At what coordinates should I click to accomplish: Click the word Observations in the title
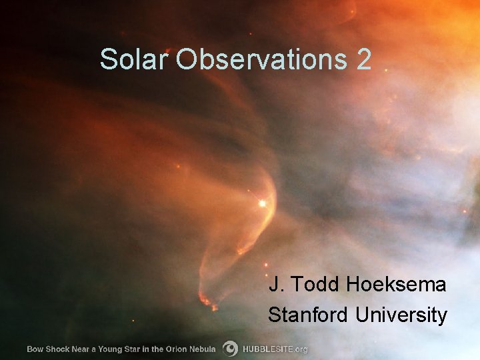tap(261, 59)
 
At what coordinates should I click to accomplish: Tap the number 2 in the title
tap(363, 59)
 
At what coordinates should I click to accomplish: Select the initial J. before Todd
tap(277, 285)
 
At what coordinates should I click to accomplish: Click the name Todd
tap(315, 285)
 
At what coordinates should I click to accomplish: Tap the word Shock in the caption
tap(58, 349)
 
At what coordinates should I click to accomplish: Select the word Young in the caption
tap(110, 349)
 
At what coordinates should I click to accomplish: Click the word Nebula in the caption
tap(203, 349)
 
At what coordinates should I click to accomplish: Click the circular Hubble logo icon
tap(230, 349)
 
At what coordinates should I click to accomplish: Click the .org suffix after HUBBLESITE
tap(300, 349)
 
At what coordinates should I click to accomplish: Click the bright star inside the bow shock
tap(262, 203)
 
